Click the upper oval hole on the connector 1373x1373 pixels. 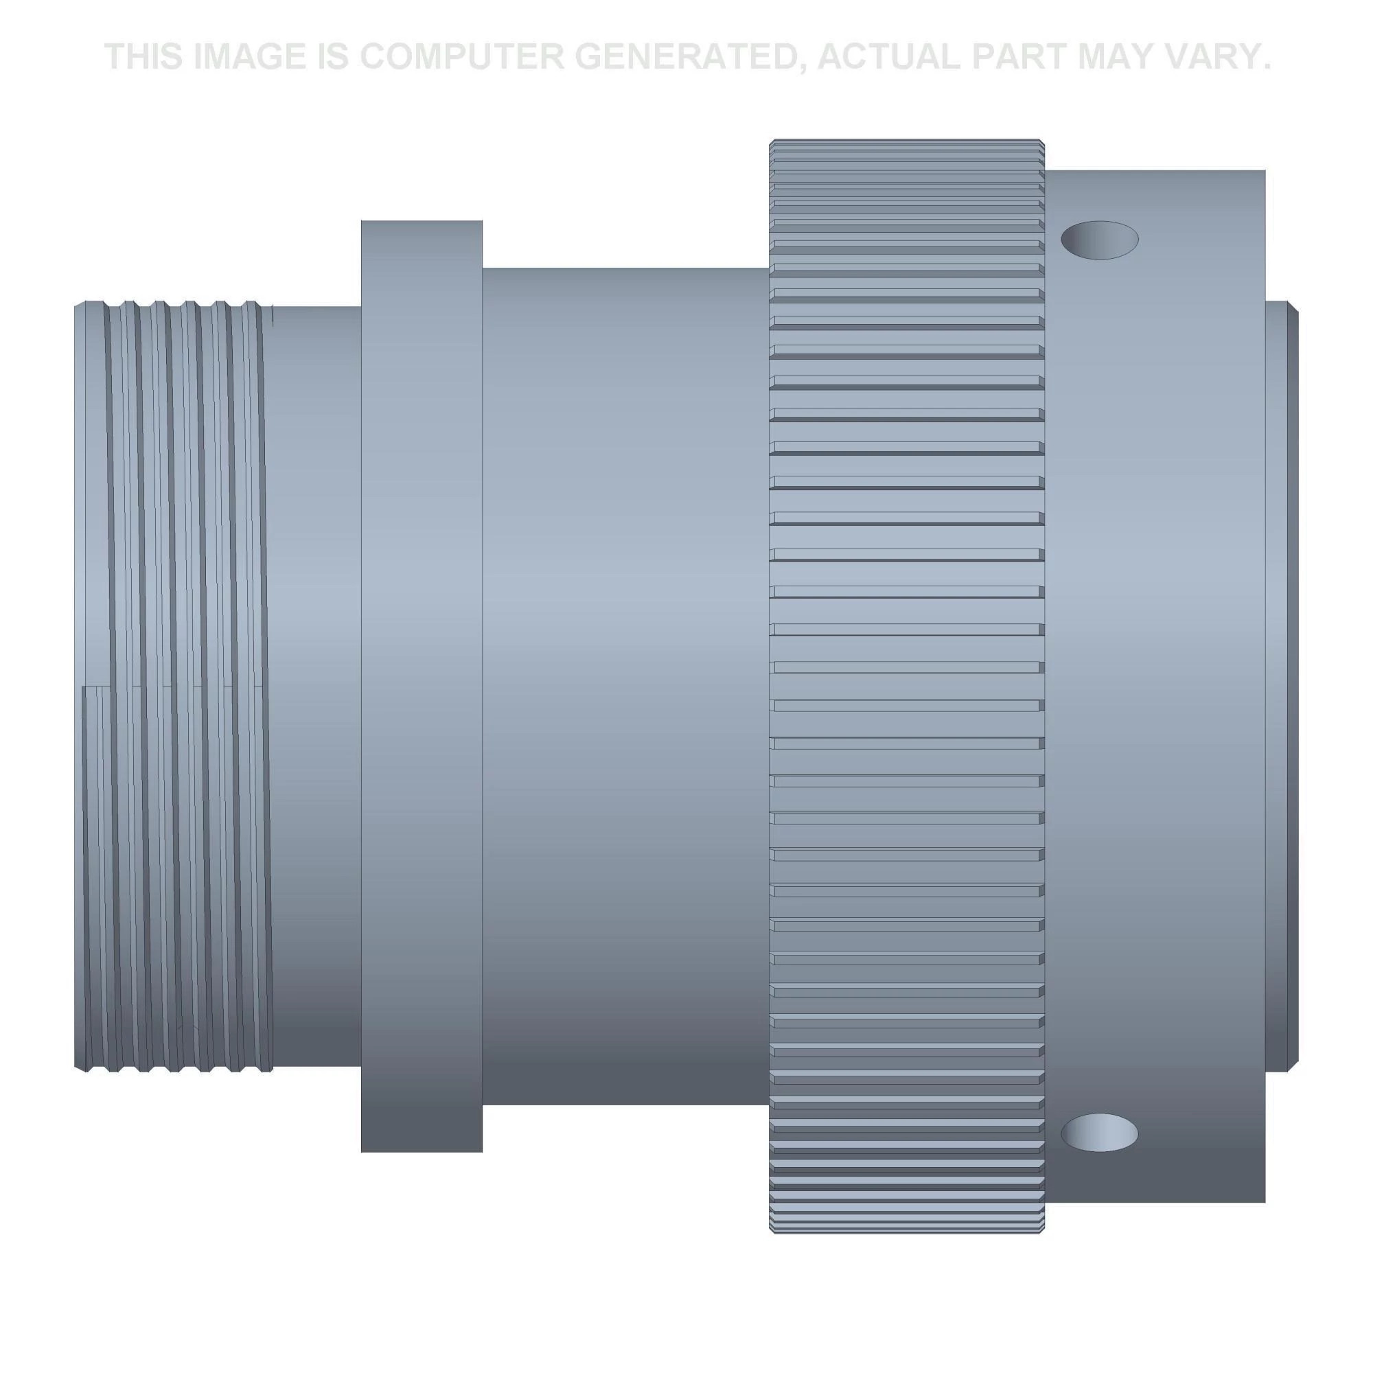pyautogui.click(x=1098, y=240)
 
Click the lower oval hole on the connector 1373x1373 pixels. pyautogui.click(x=1098, y=1132)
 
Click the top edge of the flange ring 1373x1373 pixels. pyautogui.click(x=422, y=222)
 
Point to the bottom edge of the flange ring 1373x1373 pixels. pyautogui.click(x=422, y=1151)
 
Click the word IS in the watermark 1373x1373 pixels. pyautogui.click(x=332, y=57)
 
